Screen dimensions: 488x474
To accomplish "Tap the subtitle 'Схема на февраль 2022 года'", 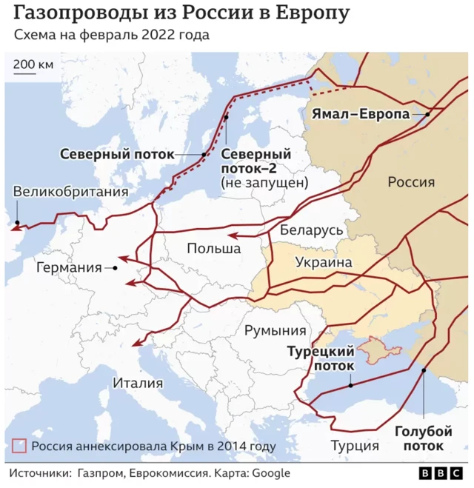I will (x=111, y=36).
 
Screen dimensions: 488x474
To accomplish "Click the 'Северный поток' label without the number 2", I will (x=117, y=154).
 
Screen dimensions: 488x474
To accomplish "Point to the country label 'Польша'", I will (x=213, y=248).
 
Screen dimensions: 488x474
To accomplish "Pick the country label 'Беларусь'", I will (x=311, y=230).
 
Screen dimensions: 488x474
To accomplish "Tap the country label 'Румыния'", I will (x=276, y=330).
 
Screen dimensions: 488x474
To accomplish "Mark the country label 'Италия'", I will (x=137, y=383).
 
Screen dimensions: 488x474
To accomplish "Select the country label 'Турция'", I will (x=354, y=446).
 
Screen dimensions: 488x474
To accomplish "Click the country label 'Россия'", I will (x=412, y=182).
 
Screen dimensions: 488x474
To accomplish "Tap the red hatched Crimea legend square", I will (x=19, y=447).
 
